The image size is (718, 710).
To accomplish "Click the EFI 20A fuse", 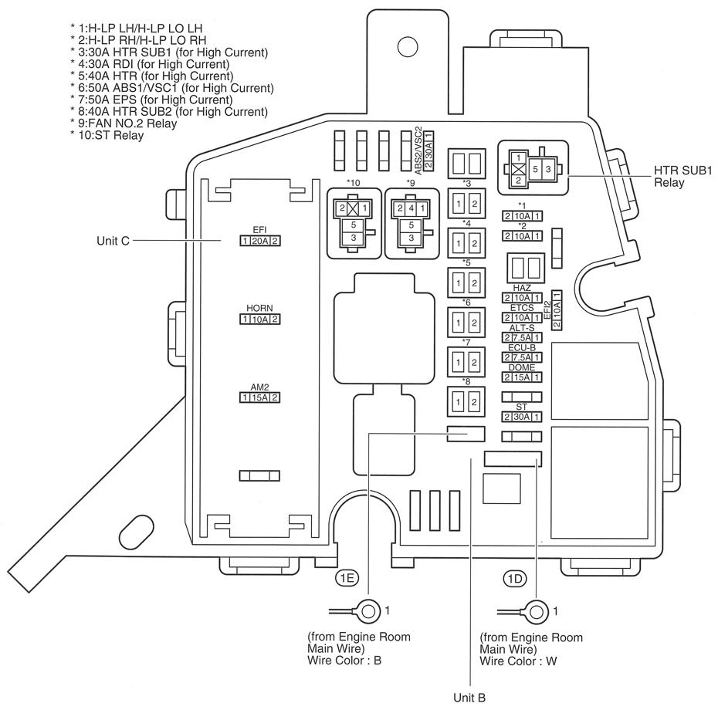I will pyautogui.click(x=259, y=241).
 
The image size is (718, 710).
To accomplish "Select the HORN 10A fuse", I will pyautogui.click(x=259, y=319).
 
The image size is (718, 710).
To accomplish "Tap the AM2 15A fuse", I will pyautogui.click(x=259, y=397).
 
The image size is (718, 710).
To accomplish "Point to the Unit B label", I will pyautogui.click(x=469, y=698).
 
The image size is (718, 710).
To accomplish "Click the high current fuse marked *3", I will pyautogui.click(x=466, y=204).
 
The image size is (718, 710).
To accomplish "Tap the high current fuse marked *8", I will pyautogui.click(x=466, y=401).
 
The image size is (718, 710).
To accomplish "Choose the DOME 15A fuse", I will pyautogui.click(x=522, y=377).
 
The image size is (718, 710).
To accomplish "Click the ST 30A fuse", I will pyautogui.click(x=522, y=417).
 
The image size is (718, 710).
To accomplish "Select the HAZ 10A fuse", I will pyautogui.click(x=522, y=298).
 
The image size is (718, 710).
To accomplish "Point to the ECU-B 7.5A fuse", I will pyautogui.click(x=522, y=357).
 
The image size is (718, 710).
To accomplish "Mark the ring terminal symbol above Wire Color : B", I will pyautogui.click(x=368, y=612).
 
